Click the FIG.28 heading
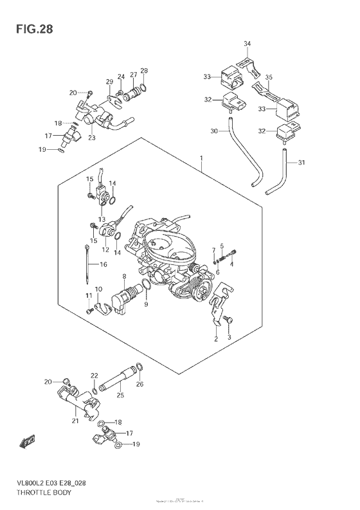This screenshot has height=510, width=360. pyautogui.click(x=30, y=29)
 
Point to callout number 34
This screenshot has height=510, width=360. pyautogui.click(x=248, y=44)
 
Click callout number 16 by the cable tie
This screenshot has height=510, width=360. pyautogui.click(x=103, y=264)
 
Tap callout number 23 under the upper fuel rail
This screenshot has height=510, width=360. pyautogui.click(x=92, y=137)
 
